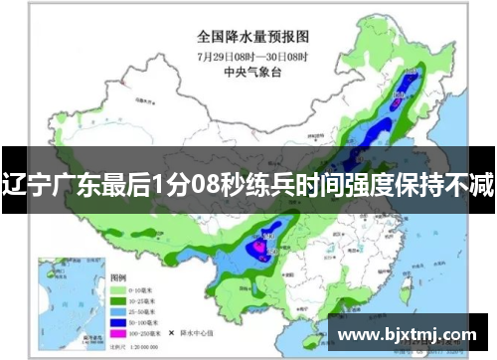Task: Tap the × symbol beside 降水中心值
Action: coord(171,332)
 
